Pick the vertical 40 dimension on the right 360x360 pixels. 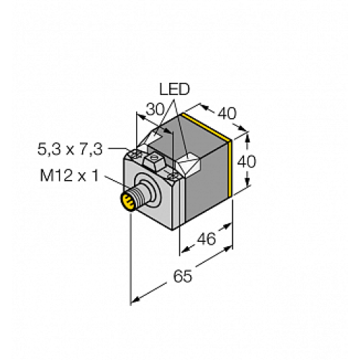coord(246,162)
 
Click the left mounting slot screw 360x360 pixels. coord(135,153)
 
